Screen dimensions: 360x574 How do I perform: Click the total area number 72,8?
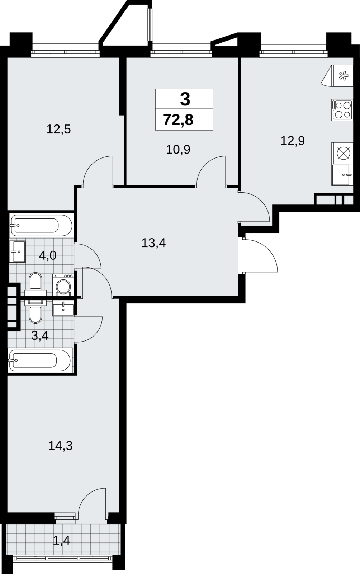(x=178, y=120)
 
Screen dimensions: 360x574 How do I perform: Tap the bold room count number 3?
(x=185, y=99)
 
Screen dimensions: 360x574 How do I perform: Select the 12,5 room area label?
(x=59, y=130)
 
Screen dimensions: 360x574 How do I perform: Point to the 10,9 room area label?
(x=178, y=149)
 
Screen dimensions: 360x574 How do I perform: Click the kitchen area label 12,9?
(x=293, y=141)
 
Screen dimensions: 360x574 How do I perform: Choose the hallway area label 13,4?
(x=153, y=243)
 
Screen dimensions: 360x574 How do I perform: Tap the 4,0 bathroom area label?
(x=48, y=255)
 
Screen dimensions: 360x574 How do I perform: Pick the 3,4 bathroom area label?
(x=40, y=335)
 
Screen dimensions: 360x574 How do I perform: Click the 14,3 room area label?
(x=61, y=446)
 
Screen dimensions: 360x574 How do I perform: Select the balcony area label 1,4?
(x=61, y=541)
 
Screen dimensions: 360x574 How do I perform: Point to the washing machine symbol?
(x=63, y=284)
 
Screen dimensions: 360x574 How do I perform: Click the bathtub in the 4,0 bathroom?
(x=42, y=226)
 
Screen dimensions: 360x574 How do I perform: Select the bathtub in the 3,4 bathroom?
(x=40, y=361)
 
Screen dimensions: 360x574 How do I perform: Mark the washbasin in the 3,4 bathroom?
(x=63, y=309)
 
